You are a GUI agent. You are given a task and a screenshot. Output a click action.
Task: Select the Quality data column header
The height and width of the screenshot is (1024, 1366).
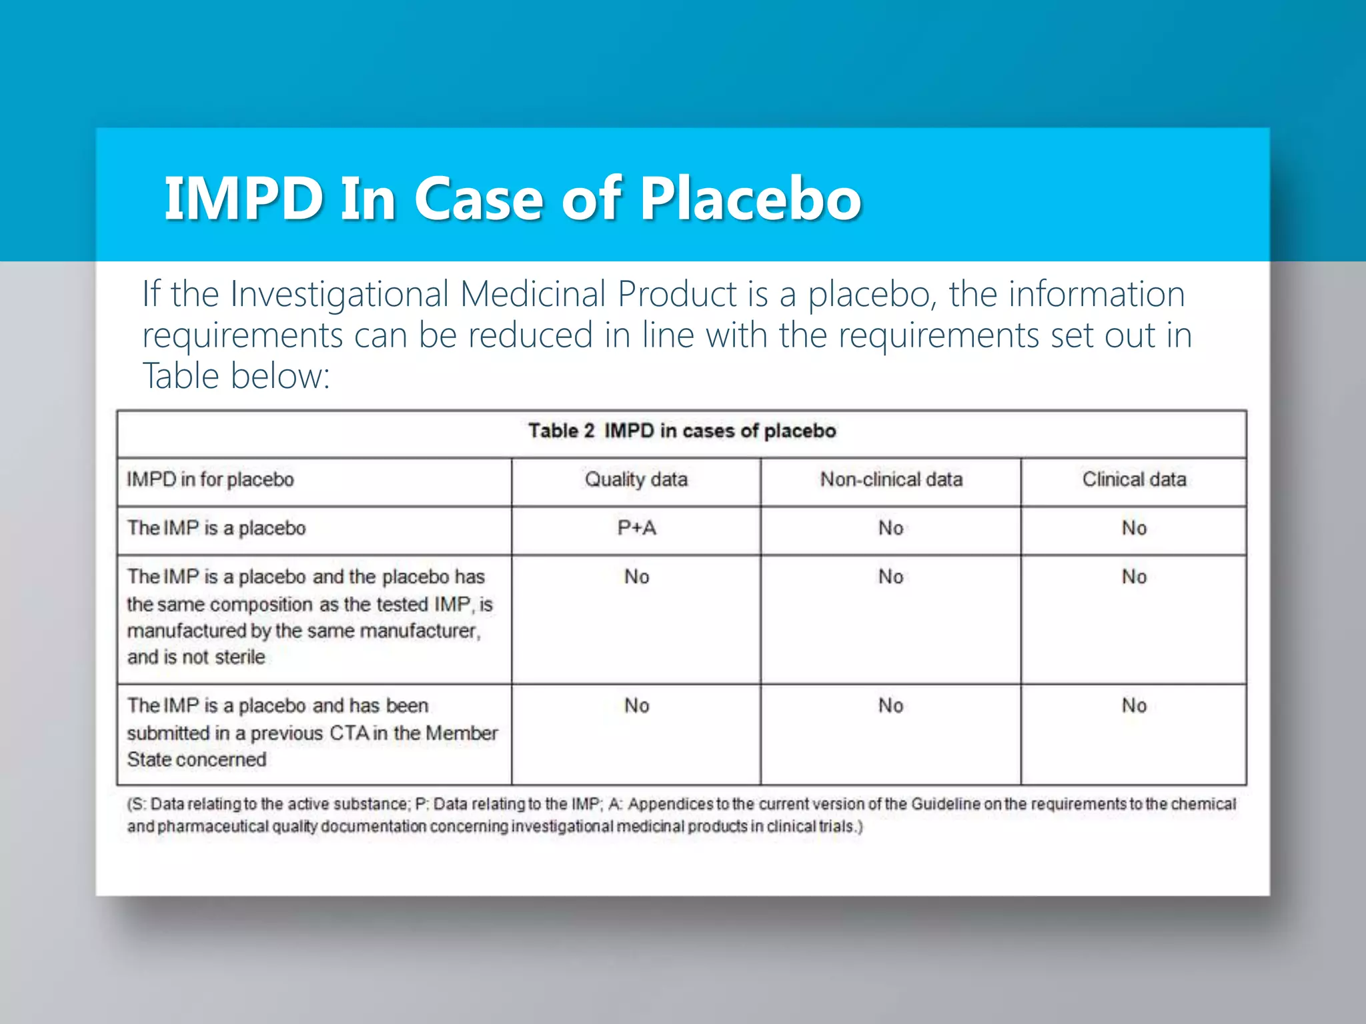click(636, 479)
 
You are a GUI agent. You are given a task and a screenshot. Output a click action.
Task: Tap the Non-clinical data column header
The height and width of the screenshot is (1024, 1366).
click(891, 479)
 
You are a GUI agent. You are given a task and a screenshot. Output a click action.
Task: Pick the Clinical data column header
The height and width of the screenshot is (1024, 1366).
click(1134, 479)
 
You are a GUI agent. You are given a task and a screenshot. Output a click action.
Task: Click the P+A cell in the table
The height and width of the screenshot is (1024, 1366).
click(636, 528)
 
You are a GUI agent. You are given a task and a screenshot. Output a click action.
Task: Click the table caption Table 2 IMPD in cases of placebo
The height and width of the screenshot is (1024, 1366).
click(682, 431)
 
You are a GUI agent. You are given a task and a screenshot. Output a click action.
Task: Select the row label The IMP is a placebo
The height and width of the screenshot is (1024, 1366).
click(216, 528)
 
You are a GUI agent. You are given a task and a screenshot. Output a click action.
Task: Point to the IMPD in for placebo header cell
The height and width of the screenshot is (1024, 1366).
click(210, 479)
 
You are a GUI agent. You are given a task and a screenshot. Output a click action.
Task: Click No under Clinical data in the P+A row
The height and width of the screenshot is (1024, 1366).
click(1134, 528)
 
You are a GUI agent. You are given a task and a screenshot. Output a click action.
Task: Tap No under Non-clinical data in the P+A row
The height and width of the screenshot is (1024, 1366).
click(890, 528)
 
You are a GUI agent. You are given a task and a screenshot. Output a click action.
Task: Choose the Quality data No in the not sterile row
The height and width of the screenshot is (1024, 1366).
click(636, 577)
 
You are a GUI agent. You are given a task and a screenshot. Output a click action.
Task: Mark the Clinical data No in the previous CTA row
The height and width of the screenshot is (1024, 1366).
click(1134, 705)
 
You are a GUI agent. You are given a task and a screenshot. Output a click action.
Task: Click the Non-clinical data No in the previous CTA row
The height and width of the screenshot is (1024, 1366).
click(890, 705)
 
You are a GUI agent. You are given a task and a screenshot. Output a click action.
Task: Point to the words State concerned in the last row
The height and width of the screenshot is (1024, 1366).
click(197, 759)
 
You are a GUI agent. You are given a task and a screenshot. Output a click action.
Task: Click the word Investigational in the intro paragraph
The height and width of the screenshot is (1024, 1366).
click(339, 294)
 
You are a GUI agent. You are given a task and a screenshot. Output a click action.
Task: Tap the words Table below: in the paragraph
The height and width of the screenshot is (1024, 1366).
click(236, 376)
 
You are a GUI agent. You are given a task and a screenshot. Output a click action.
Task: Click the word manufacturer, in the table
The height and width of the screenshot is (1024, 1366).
click(420, 631)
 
